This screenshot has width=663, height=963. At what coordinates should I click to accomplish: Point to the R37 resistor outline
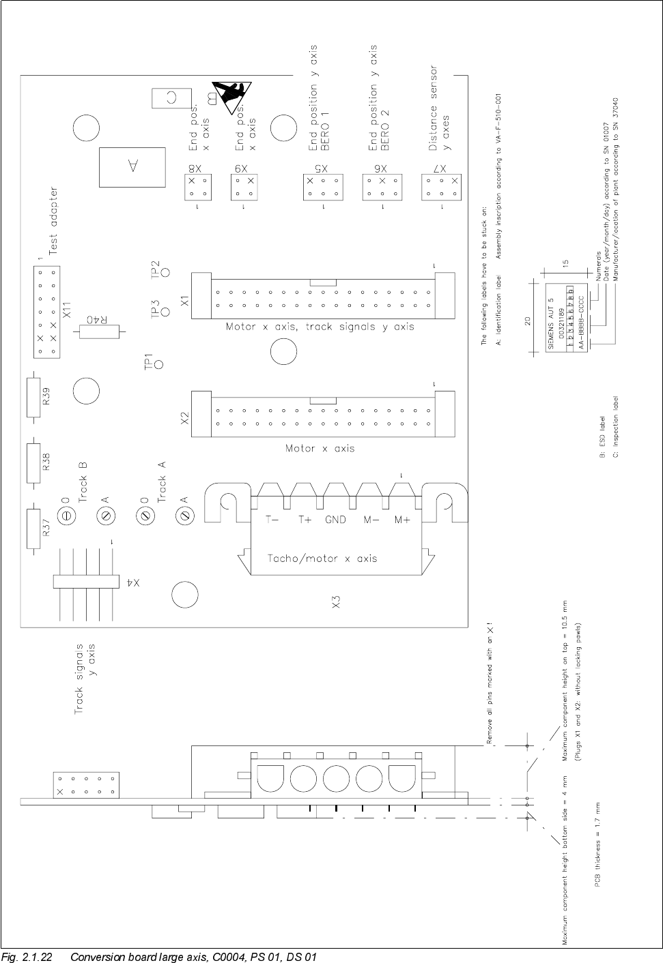coord(33,529)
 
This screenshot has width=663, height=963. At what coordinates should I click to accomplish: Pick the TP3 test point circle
coord(165,314)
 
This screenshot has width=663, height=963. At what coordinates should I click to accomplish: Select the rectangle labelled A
coord(132,166)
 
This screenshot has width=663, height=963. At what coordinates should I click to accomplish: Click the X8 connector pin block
coord(196,187)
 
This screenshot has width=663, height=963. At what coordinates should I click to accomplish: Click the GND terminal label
coord(335,520)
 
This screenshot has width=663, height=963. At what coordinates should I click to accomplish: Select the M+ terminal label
coord(402,520)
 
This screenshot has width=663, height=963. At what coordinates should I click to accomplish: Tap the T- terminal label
coord(272,520)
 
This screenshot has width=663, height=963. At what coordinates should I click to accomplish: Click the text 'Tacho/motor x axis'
coord(322,559)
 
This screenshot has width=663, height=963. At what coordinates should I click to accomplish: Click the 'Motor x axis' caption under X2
coord(320,449)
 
